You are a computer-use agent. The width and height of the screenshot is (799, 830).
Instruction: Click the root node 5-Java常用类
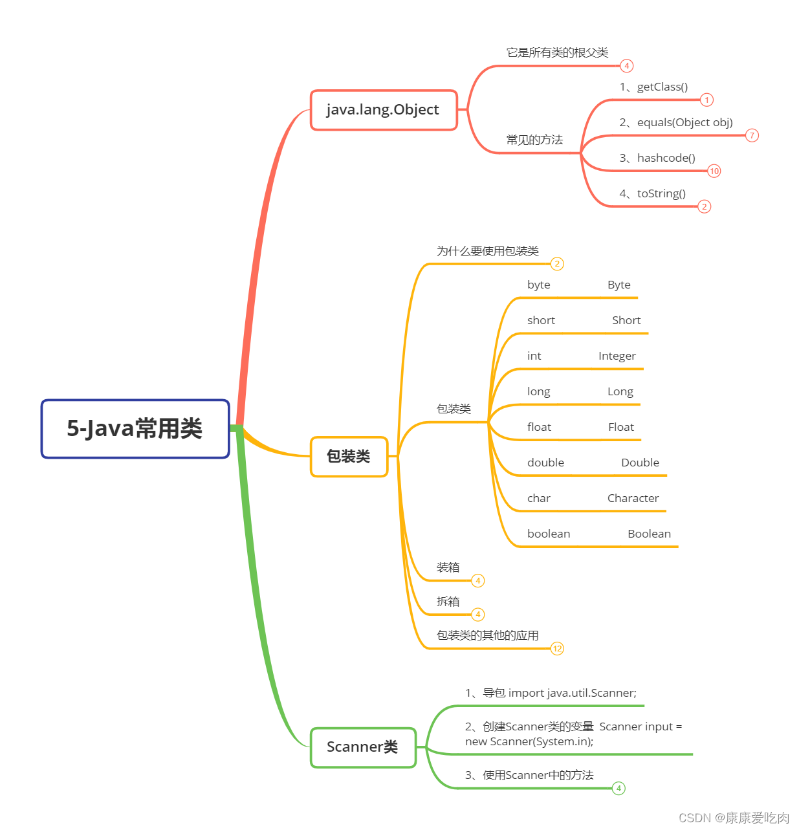point(135,429)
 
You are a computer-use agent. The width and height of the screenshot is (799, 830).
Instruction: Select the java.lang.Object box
point(384,110)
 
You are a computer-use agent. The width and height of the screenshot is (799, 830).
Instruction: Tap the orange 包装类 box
point(349,457)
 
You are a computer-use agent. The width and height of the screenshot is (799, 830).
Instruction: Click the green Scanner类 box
point(362,747)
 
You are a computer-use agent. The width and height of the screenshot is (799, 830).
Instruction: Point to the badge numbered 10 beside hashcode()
point(714,171)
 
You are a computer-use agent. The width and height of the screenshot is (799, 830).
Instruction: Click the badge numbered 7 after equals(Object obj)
point(751,136)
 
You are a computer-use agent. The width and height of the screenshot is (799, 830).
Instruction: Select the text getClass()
point(662,87)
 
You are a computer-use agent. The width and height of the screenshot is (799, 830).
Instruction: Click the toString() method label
point(661,194)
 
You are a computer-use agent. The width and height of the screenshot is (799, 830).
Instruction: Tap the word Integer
point(617,356)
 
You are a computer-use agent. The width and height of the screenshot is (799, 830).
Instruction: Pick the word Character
point(633,499)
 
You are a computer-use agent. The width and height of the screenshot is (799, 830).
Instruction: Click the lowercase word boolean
point(549,534)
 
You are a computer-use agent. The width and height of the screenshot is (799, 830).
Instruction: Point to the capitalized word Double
point(640,463)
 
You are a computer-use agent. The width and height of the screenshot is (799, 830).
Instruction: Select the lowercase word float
point(539,428)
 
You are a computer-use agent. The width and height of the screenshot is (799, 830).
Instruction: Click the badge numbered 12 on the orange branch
point(557,648)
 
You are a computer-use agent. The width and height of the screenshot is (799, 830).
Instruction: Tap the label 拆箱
point(448,602)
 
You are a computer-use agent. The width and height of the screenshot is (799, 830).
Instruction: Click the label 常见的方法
point(534,140)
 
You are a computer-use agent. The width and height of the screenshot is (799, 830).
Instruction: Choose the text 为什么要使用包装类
point(487,251)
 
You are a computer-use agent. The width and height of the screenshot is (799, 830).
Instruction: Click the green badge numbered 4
point(618,788)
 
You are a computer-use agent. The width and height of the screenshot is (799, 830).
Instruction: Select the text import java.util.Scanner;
point(572,693)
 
